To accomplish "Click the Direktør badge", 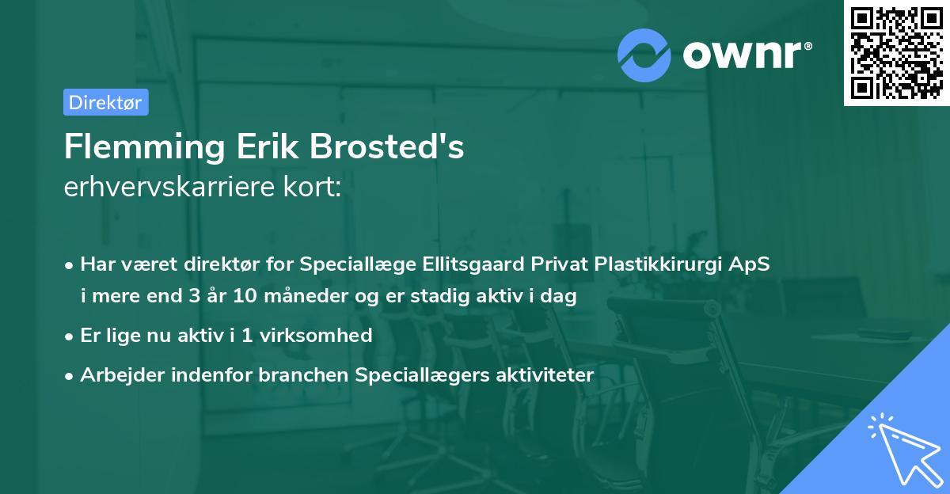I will point(105,102).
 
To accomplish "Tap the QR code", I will point(896,52).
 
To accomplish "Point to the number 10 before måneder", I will point(263,296).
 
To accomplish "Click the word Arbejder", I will point(116,374).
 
